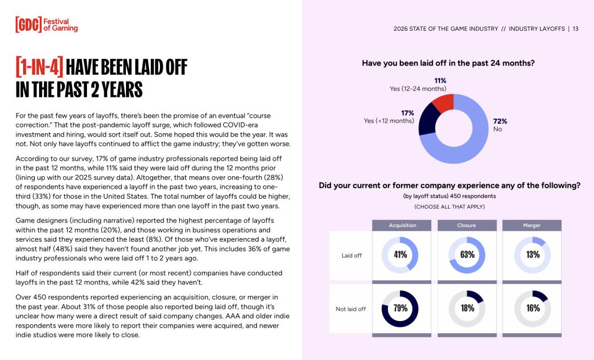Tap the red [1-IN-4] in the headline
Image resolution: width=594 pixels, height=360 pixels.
(x=40, y=67)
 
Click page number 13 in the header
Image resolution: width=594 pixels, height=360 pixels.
(x=575, y=29)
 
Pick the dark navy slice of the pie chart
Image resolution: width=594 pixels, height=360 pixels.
(x=428, y=119)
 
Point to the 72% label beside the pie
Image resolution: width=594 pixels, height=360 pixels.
(x=500, y=121)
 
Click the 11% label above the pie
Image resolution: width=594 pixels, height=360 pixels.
(x=440, y=80)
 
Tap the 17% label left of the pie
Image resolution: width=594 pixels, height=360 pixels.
(x=408, y=113)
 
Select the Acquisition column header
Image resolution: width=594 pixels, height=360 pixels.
(x=402, y=225)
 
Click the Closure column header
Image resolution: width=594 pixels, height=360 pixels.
(x=467, y=225)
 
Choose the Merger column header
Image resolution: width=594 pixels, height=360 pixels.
(x=532, y=225)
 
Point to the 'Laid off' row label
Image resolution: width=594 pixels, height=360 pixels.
(x=351, y=255)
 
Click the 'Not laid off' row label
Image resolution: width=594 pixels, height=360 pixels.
(x=350, y=309)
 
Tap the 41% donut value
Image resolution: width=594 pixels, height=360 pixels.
(x=400, y=255)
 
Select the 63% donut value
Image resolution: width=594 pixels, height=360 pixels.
(x=467, y=255)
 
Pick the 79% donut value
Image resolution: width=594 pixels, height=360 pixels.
(x=400, y=308)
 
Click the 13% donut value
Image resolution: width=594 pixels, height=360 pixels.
(x=533, y=255)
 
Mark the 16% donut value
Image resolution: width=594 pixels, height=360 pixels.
(x=533, y=308)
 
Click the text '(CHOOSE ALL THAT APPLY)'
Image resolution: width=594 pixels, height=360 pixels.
(x=449, y=206)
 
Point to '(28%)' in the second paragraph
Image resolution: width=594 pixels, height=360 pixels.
(x=278, y=178)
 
